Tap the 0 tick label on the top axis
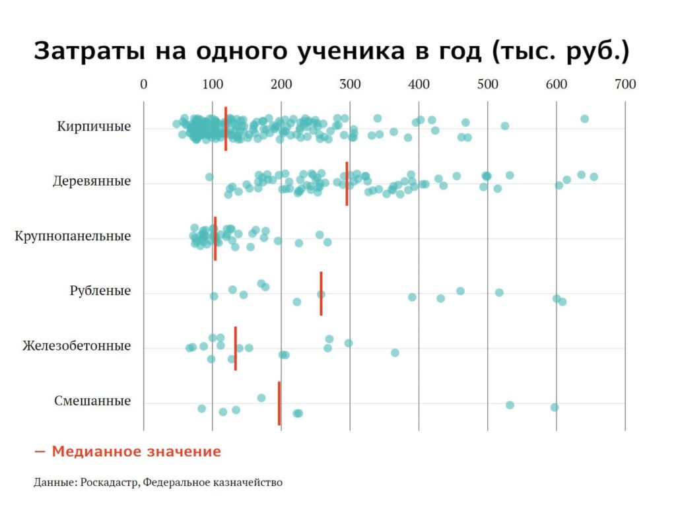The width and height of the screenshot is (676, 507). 143,84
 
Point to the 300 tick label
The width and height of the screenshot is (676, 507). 350,84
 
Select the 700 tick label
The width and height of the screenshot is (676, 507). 625,84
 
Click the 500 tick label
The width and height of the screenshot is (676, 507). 487,84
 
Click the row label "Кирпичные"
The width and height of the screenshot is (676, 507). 94,126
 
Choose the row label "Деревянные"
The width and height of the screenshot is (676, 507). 92,181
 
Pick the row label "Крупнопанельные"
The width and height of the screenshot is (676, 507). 73,236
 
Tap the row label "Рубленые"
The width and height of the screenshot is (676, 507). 100,291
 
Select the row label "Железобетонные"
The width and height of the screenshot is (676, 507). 77,346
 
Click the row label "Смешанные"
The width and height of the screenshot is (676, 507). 92,401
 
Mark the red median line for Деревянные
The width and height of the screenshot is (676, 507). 347,184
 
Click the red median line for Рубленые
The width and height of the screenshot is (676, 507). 321,293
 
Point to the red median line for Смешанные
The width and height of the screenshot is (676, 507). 279,403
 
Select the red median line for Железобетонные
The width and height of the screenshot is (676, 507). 235,348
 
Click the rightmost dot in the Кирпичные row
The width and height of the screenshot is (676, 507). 584,119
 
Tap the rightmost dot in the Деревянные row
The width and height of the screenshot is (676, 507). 593,176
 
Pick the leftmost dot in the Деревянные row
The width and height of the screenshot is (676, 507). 209,177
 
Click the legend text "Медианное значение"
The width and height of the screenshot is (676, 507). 136,452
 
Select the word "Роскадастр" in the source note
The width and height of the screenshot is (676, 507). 110,483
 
